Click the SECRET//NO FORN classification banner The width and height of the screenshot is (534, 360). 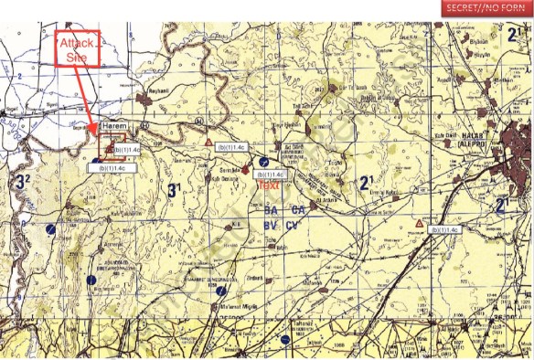click(486, 8)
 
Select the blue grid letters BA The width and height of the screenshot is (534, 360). click(270, 210)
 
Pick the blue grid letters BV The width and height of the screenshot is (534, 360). click(270, 225)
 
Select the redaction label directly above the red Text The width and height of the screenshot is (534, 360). click(271, 174)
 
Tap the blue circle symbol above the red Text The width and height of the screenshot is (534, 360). click(263, 161)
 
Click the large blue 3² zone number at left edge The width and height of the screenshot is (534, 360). click(23, 181)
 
